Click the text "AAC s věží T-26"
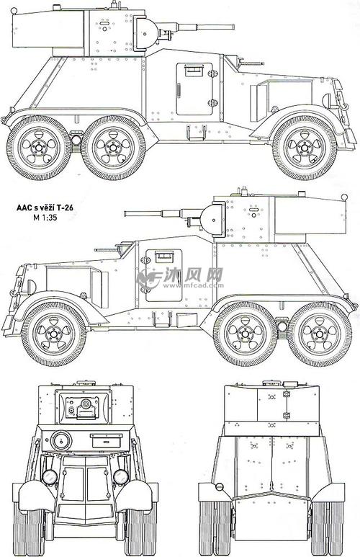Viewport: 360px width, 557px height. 45,208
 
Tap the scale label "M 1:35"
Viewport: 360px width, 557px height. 45,217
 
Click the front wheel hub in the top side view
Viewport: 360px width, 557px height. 305,147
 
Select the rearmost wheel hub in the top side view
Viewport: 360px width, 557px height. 38,147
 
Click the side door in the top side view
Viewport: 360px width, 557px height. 194,89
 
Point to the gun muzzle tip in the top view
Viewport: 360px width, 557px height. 233,27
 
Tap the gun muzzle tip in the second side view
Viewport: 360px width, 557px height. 126,213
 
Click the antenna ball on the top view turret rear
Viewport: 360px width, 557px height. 14,11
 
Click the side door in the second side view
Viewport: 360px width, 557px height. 163,275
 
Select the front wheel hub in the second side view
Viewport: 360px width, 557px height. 53,334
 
